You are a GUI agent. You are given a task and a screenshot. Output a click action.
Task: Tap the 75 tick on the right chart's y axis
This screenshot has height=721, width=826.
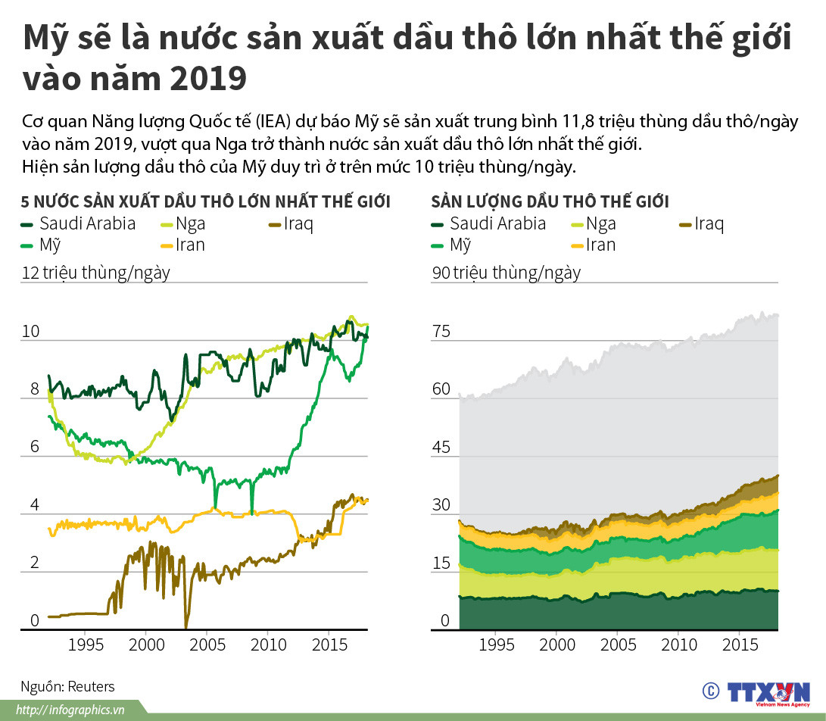tap(441, 332)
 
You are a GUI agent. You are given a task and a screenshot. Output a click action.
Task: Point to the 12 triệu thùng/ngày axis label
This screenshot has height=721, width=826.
tap(95, 273)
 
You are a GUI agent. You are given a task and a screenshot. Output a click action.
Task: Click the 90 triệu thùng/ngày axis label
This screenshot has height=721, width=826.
tap(507, 273)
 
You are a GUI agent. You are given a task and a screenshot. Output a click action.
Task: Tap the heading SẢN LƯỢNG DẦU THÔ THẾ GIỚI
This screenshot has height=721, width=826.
tap(550, 201)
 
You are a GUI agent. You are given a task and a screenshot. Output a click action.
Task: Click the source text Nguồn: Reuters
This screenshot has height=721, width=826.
tap(67, 687)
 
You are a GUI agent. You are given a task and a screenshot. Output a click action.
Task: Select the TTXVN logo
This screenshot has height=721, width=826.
tap(766, 691)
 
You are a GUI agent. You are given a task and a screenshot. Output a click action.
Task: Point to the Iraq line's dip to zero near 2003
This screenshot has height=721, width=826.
tap(186, 626)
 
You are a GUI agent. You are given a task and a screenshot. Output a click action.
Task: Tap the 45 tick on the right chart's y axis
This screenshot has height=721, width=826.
tap(441, 448)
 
